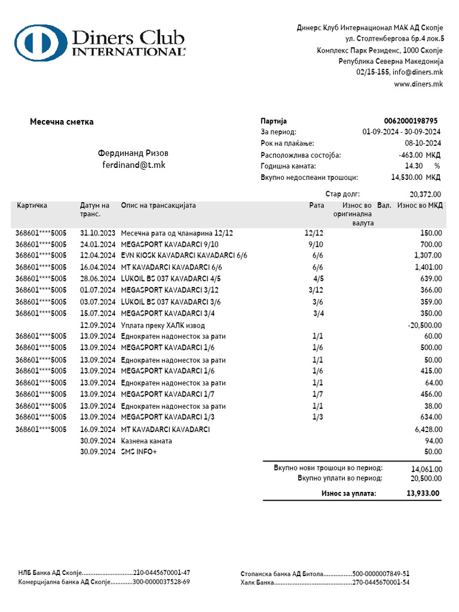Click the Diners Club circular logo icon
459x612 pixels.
(x=40, y=43)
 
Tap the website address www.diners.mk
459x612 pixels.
(x=418, y=84)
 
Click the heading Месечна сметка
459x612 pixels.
(x=62, y=122)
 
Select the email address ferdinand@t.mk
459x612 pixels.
(x=133, y=165)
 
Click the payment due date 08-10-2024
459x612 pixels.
(x=423, y=143)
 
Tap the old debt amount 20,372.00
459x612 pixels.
(x=426, y=194)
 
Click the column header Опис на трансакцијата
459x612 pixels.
(x=158, y=206)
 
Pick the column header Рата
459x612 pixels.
(x=316, y=206)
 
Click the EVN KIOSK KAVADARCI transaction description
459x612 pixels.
(x=183, y=256)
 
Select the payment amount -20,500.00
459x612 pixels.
(x=424, y=325)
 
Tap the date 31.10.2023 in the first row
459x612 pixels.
(x=97, y=233)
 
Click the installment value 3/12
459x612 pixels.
(x=316, y=290)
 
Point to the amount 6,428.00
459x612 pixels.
(x=428, y=430)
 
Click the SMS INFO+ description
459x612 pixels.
(x=139, y=452)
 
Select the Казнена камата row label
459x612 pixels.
(x=146, y=441)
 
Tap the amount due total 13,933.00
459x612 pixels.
(x=423, y=493)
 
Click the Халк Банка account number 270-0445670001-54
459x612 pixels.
(x=381, y=582)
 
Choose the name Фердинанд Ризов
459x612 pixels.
(x=133, y=153)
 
